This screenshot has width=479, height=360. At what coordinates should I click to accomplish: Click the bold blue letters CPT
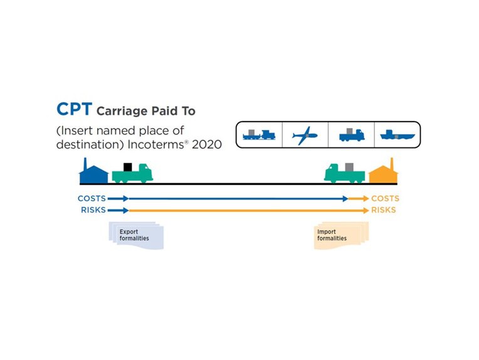pos(74,109)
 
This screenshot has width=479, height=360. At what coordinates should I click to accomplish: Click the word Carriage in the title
pos(120,111)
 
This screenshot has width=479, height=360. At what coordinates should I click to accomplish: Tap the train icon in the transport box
pos(259,134)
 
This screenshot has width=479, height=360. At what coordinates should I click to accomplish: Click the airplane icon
pos(305,134)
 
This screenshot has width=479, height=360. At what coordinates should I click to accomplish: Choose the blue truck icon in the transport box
pos(350,134)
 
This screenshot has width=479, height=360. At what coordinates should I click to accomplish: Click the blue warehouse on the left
pos(95,172)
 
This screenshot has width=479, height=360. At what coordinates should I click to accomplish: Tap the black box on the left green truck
pos(128,167)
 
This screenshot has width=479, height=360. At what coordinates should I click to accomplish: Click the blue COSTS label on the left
pos(92,198)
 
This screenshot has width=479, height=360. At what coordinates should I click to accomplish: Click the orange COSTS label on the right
pos(384,198)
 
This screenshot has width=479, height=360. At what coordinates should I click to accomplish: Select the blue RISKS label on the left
pos(93,210)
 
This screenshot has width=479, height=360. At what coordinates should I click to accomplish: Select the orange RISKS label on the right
pos(384,210)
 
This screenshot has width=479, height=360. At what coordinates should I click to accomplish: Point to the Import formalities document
pos(340,235)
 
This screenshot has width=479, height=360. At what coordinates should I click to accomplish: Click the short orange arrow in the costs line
pos(359,198)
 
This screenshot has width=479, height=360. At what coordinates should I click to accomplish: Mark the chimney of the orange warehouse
pos(392,163)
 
